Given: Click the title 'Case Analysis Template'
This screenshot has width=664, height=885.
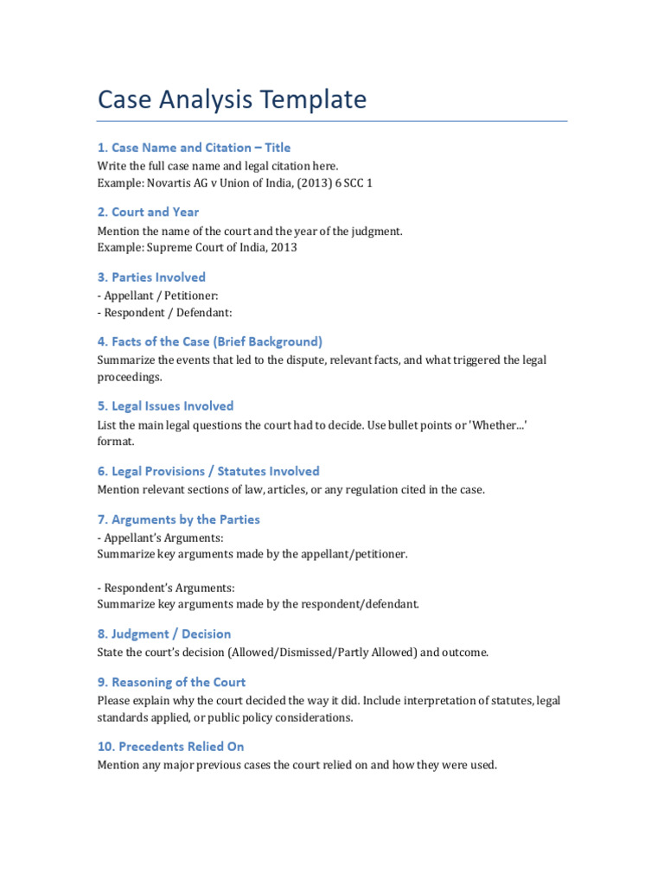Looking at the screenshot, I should (232, 99).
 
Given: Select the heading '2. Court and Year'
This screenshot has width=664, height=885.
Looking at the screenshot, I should (148, 212).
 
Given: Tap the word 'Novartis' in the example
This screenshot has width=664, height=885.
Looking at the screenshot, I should (169, 182).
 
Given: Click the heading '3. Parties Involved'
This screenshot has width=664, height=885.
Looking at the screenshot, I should (151, 277).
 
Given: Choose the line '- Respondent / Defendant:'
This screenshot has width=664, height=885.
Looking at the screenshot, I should (164, 313).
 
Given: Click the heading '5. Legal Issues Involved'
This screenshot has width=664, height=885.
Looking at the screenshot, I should (165, 406).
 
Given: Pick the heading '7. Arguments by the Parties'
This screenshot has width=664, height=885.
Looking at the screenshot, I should (178, 519).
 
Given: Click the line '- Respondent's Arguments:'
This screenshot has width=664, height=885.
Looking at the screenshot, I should (166, 588).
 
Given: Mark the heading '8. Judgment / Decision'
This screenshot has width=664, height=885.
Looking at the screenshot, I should (164, 634).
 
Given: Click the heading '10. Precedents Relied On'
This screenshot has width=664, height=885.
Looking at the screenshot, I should (170, 747).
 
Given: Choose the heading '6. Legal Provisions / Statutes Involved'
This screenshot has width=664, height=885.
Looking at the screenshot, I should (208, 471).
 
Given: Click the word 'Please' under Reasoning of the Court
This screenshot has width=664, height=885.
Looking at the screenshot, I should (113, 700).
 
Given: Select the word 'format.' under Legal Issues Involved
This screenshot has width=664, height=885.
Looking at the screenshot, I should (116, 441).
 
